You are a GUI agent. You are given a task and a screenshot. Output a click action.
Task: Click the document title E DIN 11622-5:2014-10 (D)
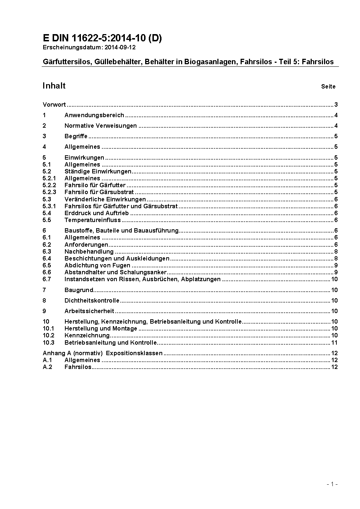[102, 38]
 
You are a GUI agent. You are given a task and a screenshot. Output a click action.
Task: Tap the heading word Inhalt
[54, 86]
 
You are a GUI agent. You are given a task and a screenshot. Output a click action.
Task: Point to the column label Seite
[328, 86]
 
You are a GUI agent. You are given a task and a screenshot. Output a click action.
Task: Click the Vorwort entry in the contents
[54, 105]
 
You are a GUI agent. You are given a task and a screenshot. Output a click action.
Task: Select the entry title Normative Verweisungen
[101, 126]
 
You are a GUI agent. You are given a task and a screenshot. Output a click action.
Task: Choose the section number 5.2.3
[49, 192]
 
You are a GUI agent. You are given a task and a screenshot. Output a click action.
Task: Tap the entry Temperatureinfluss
[93, 220]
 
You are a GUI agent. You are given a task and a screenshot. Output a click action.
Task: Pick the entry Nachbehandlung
[89, 251]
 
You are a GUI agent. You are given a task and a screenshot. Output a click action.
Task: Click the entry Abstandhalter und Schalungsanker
[115, 272]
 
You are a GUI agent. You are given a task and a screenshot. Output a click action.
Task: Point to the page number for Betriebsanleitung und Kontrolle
[334, 342]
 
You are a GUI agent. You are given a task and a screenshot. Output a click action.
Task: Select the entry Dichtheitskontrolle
[92, 300]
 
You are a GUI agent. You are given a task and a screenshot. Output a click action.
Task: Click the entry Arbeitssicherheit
[89, 311]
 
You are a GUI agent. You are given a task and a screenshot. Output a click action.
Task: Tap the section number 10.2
[48, 335]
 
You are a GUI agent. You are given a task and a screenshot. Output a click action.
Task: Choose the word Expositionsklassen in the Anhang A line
[134, 353]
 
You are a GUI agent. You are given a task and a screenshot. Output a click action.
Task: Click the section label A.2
[48, 367]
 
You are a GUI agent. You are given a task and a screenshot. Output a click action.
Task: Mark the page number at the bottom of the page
[332, 484]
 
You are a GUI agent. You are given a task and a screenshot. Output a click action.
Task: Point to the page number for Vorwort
[336, 105]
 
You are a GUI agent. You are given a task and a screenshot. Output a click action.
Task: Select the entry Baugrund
[79, 290]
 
